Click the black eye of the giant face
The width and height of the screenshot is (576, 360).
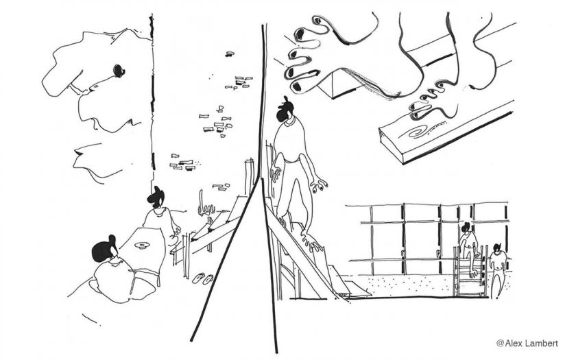coord(119,71)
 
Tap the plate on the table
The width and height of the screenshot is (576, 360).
coord(141,245)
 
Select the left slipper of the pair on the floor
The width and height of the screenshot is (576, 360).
coord(199,278)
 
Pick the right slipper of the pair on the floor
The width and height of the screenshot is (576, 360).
coord(208,279)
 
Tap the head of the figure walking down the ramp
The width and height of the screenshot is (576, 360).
coord(285,110)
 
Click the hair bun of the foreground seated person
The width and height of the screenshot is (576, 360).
coord(112,241)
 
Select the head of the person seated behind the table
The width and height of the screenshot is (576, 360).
coord(156,197)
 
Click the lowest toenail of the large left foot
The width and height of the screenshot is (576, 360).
coord(296,86)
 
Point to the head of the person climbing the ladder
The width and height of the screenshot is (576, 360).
coord(466,228)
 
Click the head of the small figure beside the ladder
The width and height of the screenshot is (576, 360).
coord(497,249)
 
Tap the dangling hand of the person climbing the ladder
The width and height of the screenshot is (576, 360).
coord(474,273)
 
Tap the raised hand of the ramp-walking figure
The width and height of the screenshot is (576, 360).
coord(318,186)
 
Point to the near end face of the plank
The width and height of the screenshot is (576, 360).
coord(391,145)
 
